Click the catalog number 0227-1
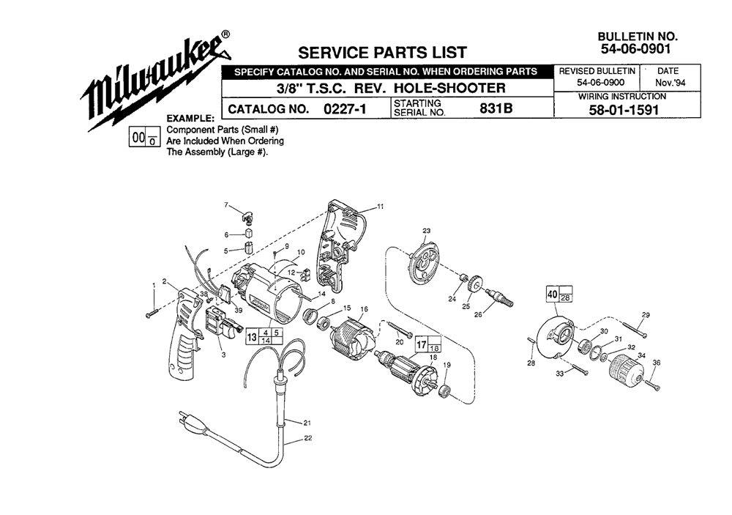[x=345, y=109]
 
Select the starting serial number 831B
[x=496, y=108]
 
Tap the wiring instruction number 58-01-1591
[x=623, y=111]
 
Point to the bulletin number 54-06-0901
[x=635, y=48]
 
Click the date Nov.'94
[x=670, y=84]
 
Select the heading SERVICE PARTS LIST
[x=382, y=52]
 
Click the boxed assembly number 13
[x=252, y=337]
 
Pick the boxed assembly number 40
[x=552, y=294]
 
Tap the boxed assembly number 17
[x=422, y=345]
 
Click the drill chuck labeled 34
[x=625, y=368]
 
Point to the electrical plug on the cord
[x=191, y=420]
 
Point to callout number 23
[x=426, y=231]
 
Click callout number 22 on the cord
[x=307, y=438]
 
